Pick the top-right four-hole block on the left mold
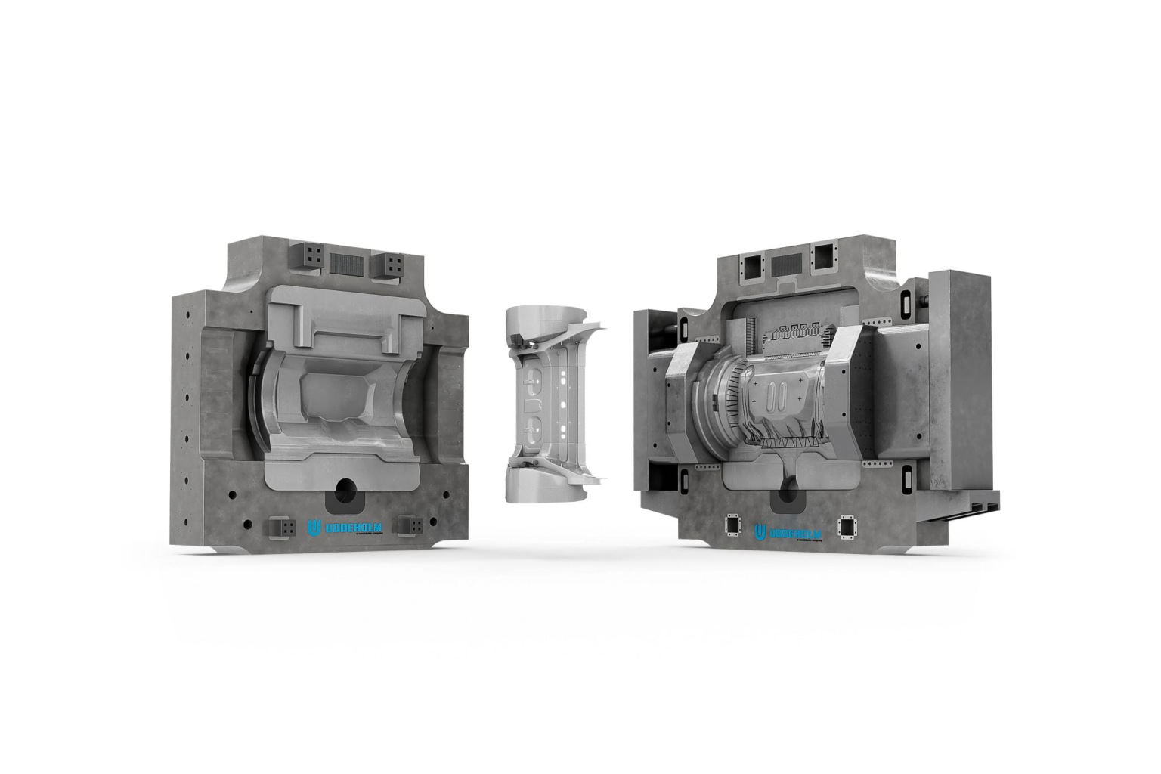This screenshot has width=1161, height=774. click(391, 265)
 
